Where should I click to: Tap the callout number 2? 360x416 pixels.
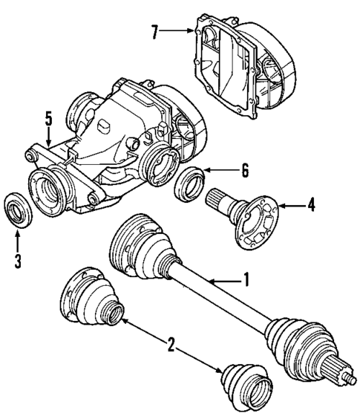tap(171, 344)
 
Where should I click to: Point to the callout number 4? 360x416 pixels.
tap(311, 204)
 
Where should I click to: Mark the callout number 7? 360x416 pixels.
tap(155, 33)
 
